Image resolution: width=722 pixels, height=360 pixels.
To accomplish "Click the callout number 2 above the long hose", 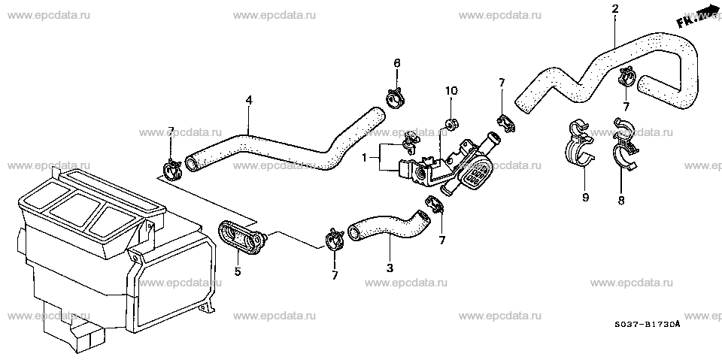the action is coord(614,9).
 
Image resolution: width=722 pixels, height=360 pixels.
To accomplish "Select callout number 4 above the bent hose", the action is coord(249,99).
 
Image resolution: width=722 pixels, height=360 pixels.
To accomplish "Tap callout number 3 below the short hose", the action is coord(390,268).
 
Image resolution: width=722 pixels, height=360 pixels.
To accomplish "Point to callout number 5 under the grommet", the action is coord(238,271).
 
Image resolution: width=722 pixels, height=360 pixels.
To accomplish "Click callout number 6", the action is coord(397,62).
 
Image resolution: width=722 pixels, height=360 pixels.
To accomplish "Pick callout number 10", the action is coord(450,91).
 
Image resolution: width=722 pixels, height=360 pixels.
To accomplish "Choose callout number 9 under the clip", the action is coord(585,198).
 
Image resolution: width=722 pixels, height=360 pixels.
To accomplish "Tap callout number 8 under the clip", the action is coord(620,200).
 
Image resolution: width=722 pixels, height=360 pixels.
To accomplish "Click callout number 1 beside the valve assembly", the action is coord(364,158).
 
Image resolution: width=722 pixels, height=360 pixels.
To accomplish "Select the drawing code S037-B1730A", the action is coord(647,325).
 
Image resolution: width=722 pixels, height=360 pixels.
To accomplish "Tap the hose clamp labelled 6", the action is coord(395,98).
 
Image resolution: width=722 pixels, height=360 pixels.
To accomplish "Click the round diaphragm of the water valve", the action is coord(475,174).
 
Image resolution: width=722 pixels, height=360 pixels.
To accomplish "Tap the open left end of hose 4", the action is coord(192,163).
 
